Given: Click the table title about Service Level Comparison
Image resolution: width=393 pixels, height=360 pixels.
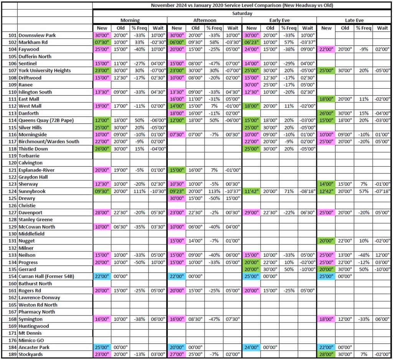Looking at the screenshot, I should coord(242,5).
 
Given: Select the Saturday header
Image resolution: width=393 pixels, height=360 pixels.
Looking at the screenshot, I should coord(242,13).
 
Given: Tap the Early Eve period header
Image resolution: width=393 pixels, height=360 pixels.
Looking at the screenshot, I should coord(279,20).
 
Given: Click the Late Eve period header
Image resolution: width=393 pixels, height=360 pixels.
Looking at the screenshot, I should coord(354,20).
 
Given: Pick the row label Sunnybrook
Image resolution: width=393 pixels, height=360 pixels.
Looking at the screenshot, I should coord(32,192).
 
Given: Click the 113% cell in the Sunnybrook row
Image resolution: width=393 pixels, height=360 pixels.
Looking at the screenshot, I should coord(214,192).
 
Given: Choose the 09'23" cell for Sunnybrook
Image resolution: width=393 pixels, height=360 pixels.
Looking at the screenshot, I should coord(177,192).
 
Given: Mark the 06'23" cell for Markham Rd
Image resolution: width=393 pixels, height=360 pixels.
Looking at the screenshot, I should coord(251,42).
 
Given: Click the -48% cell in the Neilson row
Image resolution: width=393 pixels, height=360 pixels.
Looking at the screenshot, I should coord(363,255).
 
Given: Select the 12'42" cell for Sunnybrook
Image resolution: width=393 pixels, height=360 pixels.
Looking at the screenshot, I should coord(326,192).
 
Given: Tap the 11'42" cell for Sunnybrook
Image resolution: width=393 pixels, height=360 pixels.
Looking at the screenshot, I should coord(251,192).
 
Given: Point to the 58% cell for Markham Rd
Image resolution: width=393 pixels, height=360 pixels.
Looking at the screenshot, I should coord(214,42).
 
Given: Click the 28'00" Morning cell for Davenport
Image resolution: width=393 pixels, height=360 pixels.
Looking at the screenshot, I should coord(102,213).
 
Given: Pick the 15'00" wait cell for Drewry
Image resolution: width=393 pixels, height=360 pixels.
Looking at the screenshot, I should coord(233,198).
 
